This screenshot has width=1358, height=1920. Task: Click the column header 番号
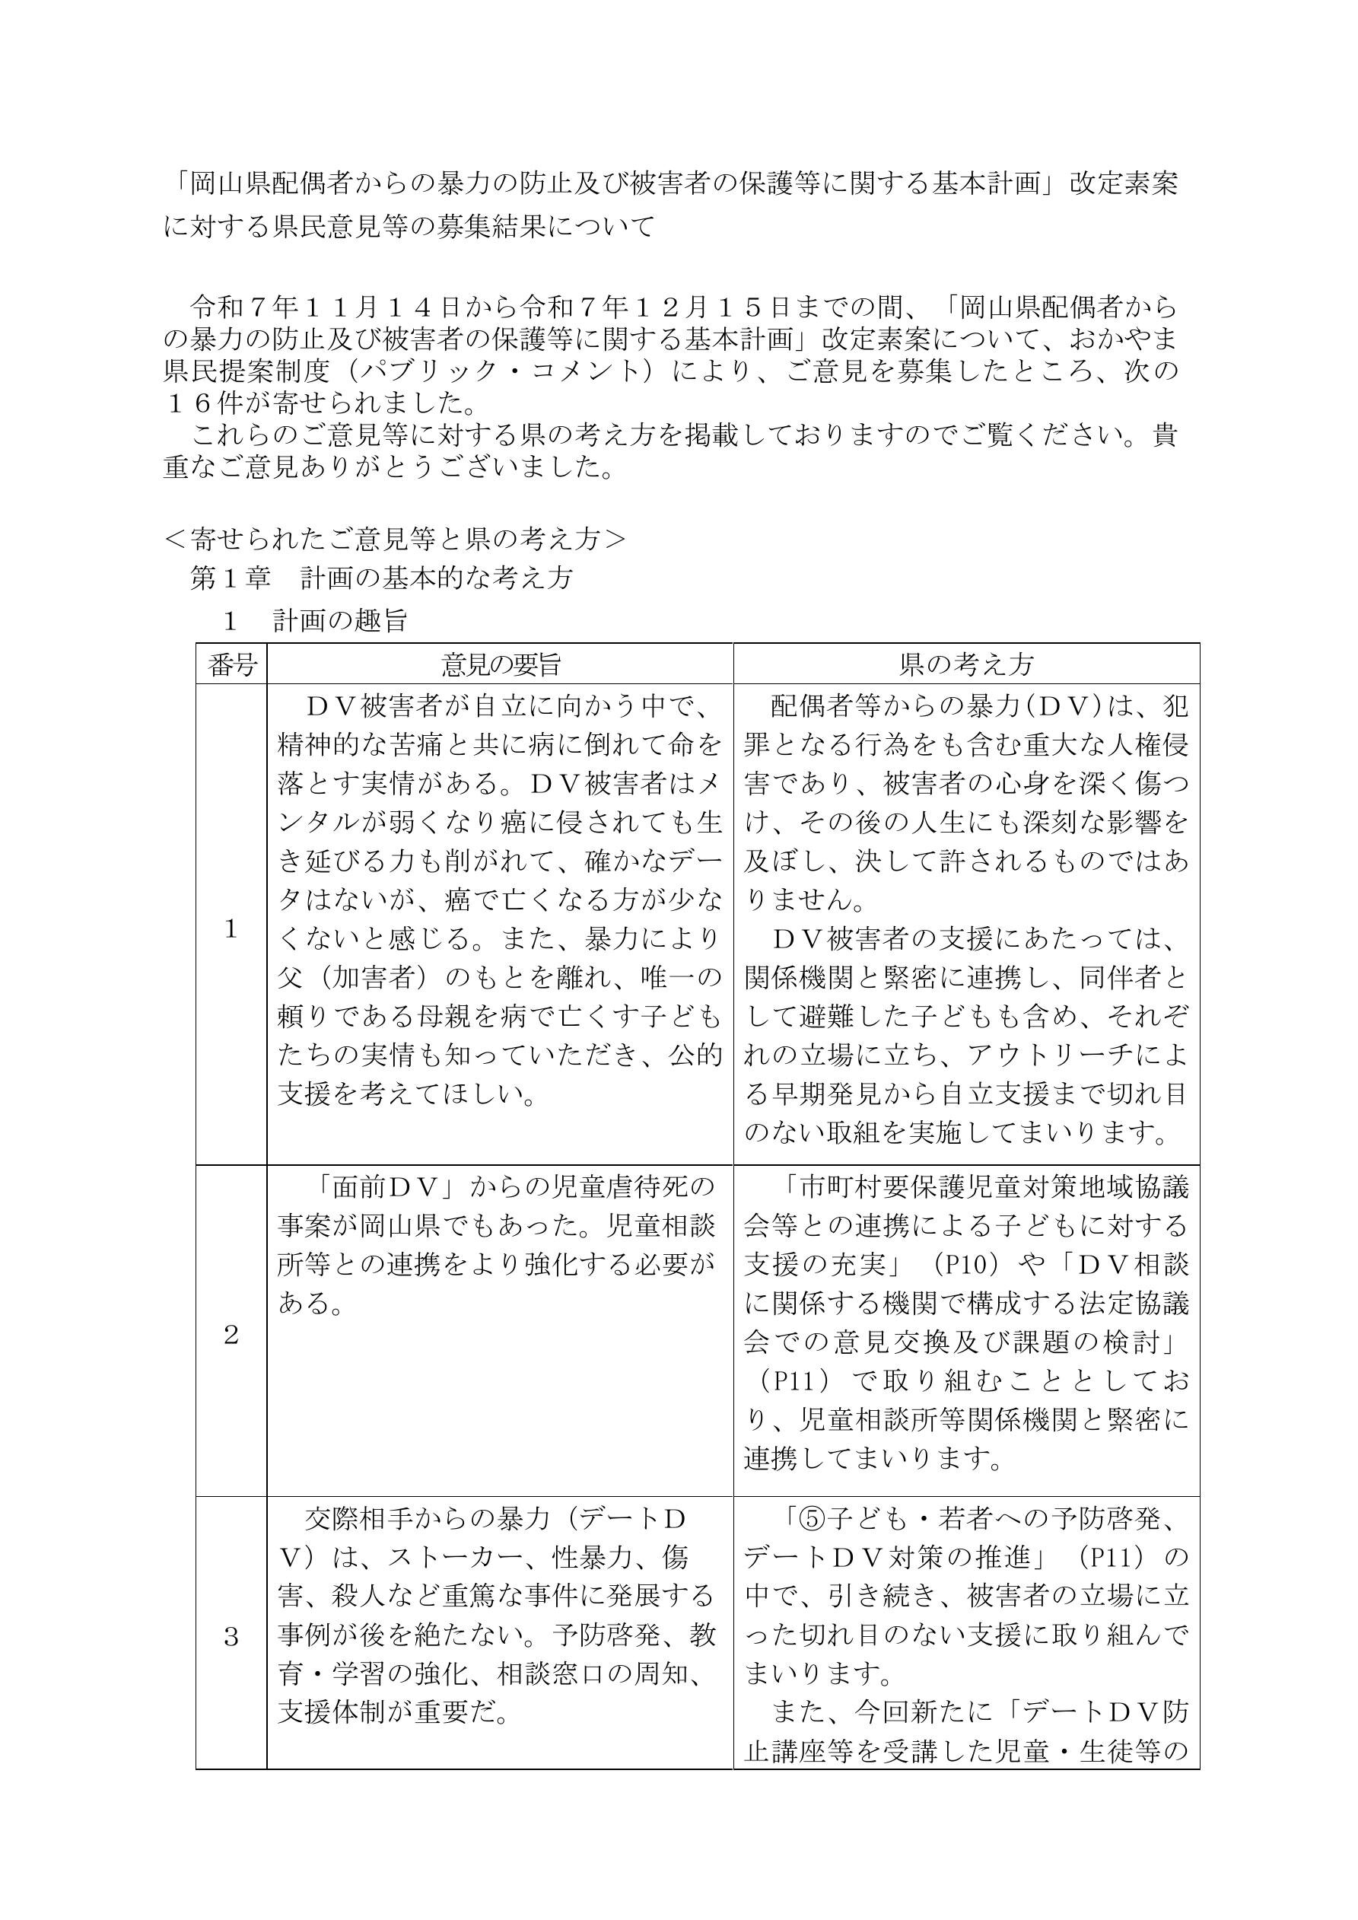pos(231,665)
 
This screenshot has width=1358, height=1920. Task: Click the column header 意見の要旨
pos(500,665)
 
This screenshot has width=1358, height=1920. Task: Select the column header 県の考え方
pos(966,665)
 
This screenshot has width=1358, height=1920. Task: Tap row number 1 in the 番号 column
pos(231,929)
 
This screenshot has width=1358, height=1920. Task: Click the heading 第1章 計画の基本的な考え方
pos(381,578)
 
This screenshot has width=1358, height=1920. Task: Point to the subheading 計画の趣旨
pos(339,620)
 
